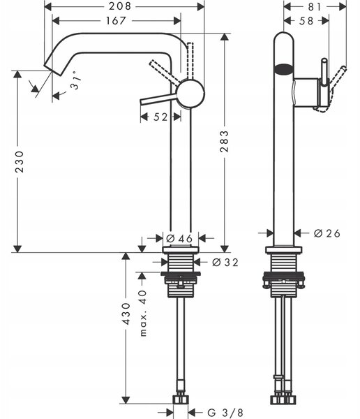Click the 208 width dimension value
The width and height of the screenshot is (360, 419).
[120, 6]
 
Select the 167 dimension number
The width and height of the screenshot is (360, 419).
[116, 20]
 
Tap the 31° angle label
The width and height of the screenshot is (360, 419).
[76, 80]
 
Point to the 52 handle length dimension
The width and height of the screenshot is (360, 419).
[160, 117]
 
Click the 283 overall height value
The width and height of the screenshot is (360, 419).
[225, 141]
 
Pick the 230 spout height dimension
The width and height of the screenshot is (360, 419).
[20, 162]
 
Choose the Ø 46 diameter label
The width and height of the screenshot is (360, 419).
[179, 238]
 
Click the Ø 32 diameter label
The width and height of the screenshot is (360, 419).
[225, 263]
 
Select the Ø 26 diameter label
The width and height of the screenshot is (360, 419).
[327, 233]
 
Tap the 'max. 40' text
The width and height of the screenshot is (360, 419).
[144, 313]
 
